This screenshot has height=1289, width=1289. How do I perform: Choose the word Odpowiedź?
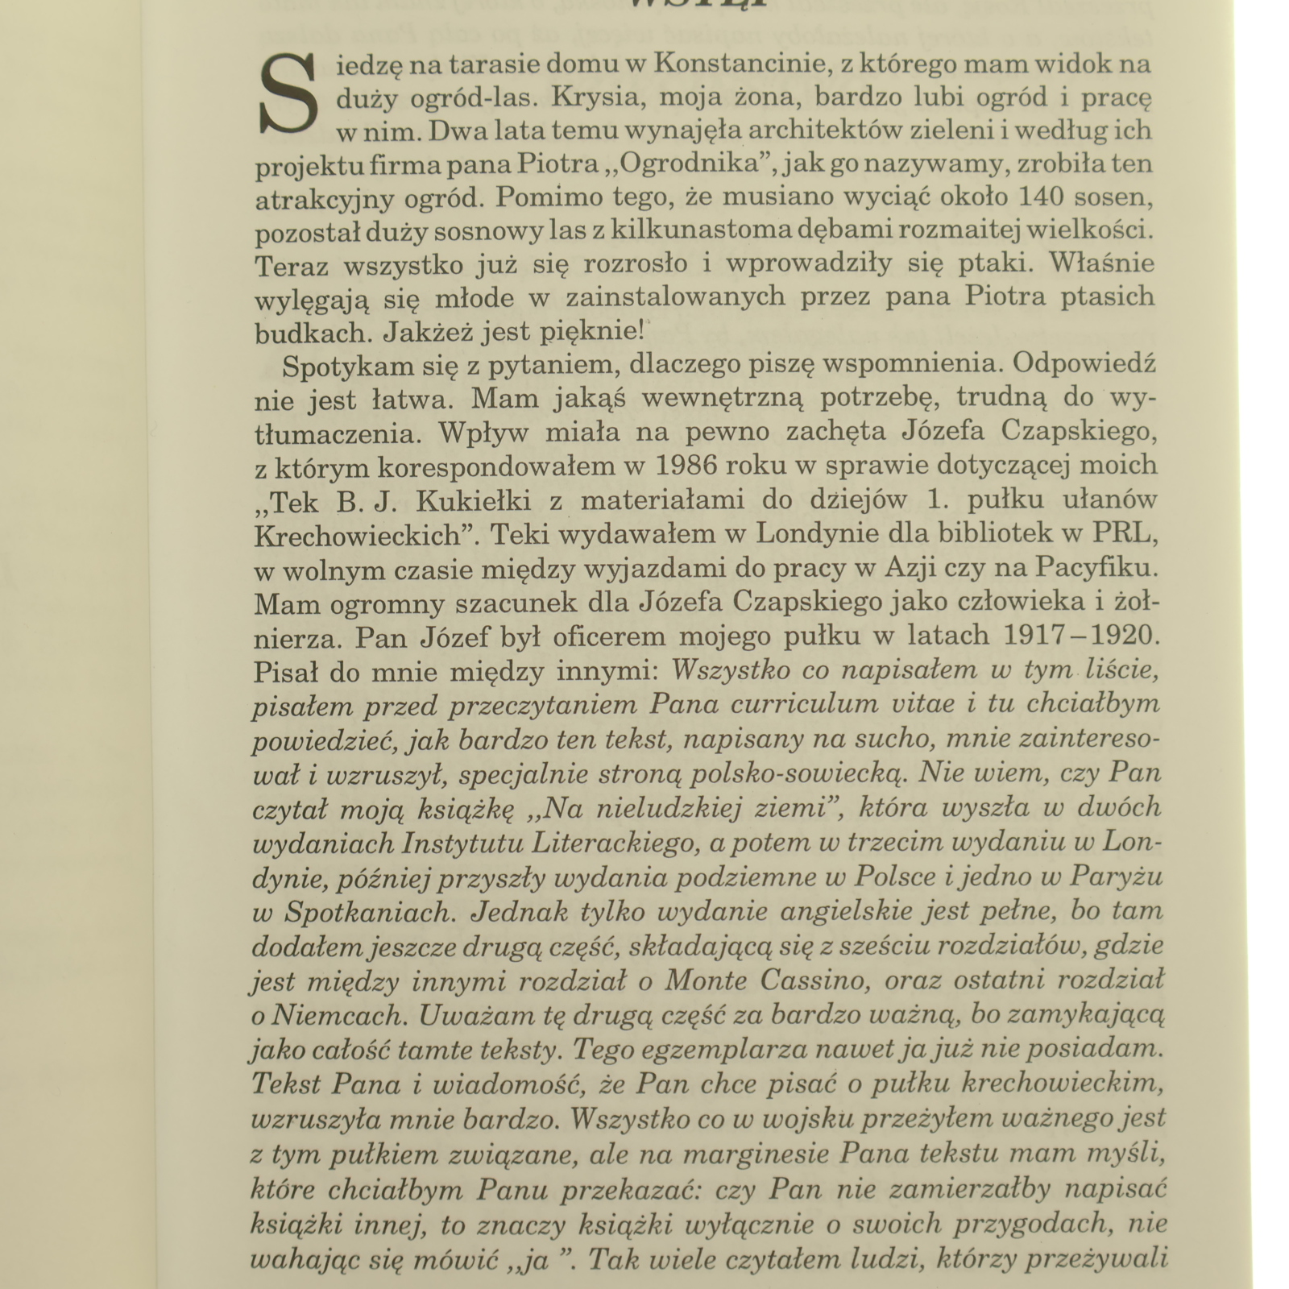1084,364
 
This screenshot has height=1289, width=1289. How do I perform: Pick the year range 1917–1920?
1080,636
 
